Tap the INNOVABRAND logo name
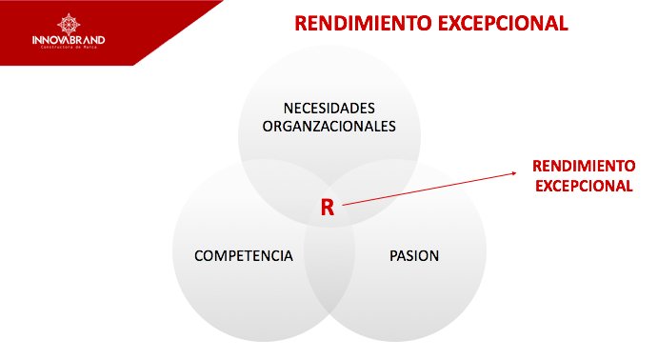pyautogui.click(x=69, y=39)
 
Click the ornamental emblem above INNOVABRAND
pyautogui.click(x=69, y=22)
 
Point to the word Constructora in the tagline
pyautogui.click(x=58, y=48)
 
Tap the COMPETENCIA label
pyautogui.click(x=243, y=256)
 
